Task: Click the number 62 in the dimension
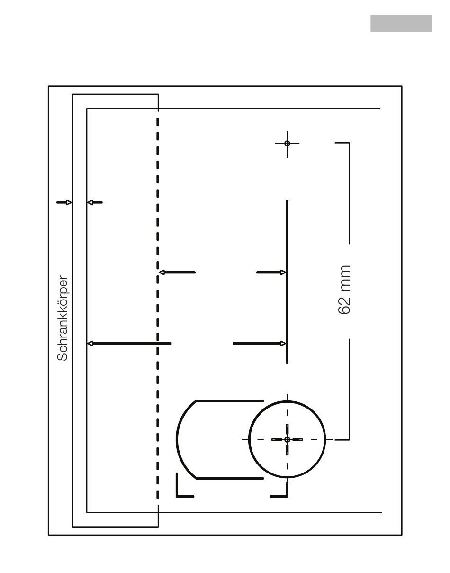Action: point(344,303)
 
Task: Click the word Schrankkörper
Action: point(63,318)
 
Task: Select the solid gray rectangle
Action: point(401,24)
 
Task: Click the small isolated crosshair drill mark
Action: point(287,143)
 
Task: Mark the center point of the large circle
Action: point(287,439)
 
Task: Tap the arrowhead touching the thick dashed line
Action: point(162,273)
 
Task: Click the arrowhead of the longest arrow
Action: point(90,343)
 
